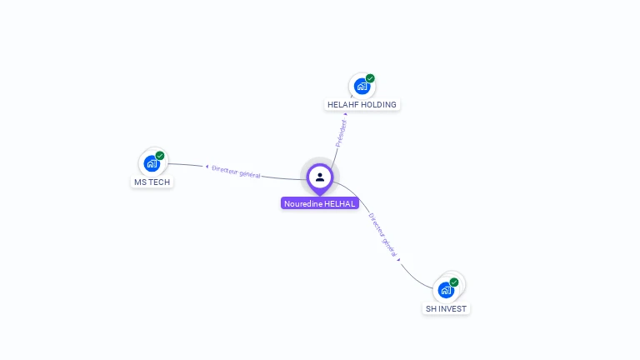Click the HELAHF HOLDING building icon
[362, 86]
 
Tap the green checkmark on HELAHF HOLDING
[370, 78]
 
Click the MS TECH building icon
[152, 163]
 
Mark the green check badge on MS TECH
[160, 156]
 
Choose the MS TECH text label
[152, 182]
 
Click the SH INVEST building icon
[446, 290]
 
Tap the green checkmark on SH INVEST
[454, 282]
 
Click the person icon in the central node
[320, 177]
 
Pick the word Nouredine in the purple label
[302, 203]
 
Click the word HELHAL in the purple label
[340, 203]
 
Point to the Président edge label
[341, 133]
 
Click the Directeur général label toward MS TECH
[237, 172]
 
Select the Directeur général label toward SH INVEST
[383, 234]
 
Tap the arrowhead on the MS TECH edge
[207, 167]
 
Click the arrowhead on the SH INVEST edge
[399, 259]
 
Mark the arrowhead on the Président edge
[346, 114]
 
